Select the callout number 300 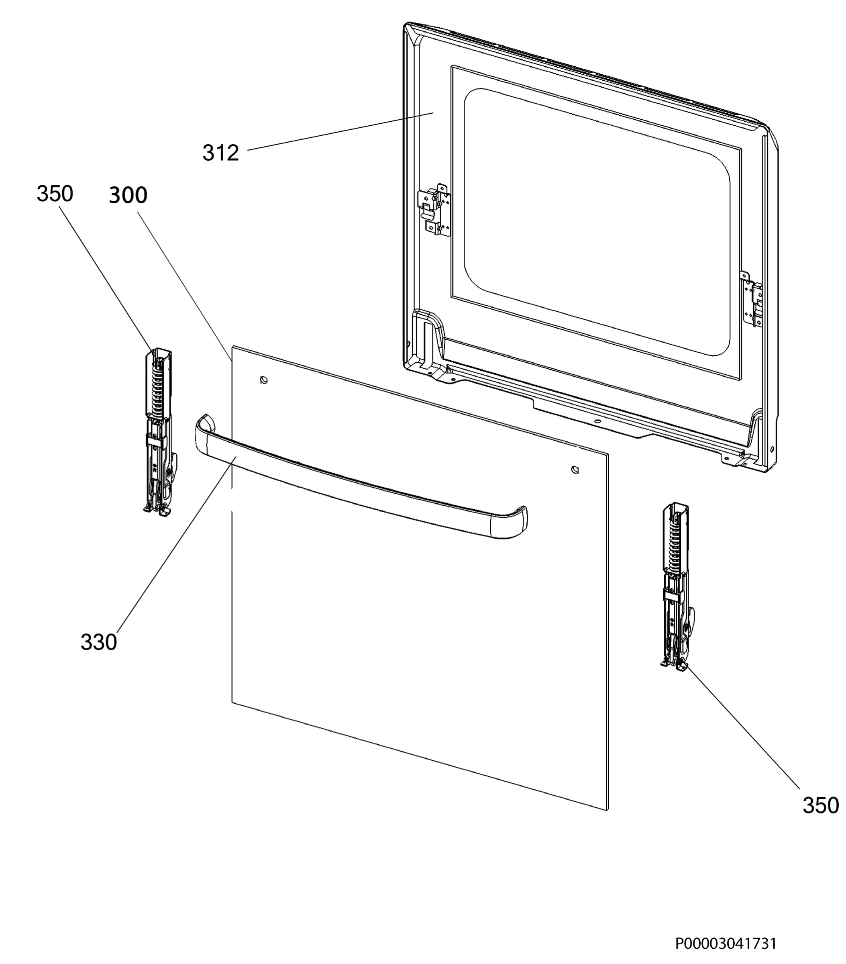coord(128,195)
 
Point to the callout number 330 coord(98,642)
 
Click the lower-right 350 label coord(821,819)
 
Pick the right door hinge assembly coord(677,587)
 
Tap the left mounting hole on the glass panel coord(264,380)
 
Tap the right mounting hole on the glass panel coord(575,470)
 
